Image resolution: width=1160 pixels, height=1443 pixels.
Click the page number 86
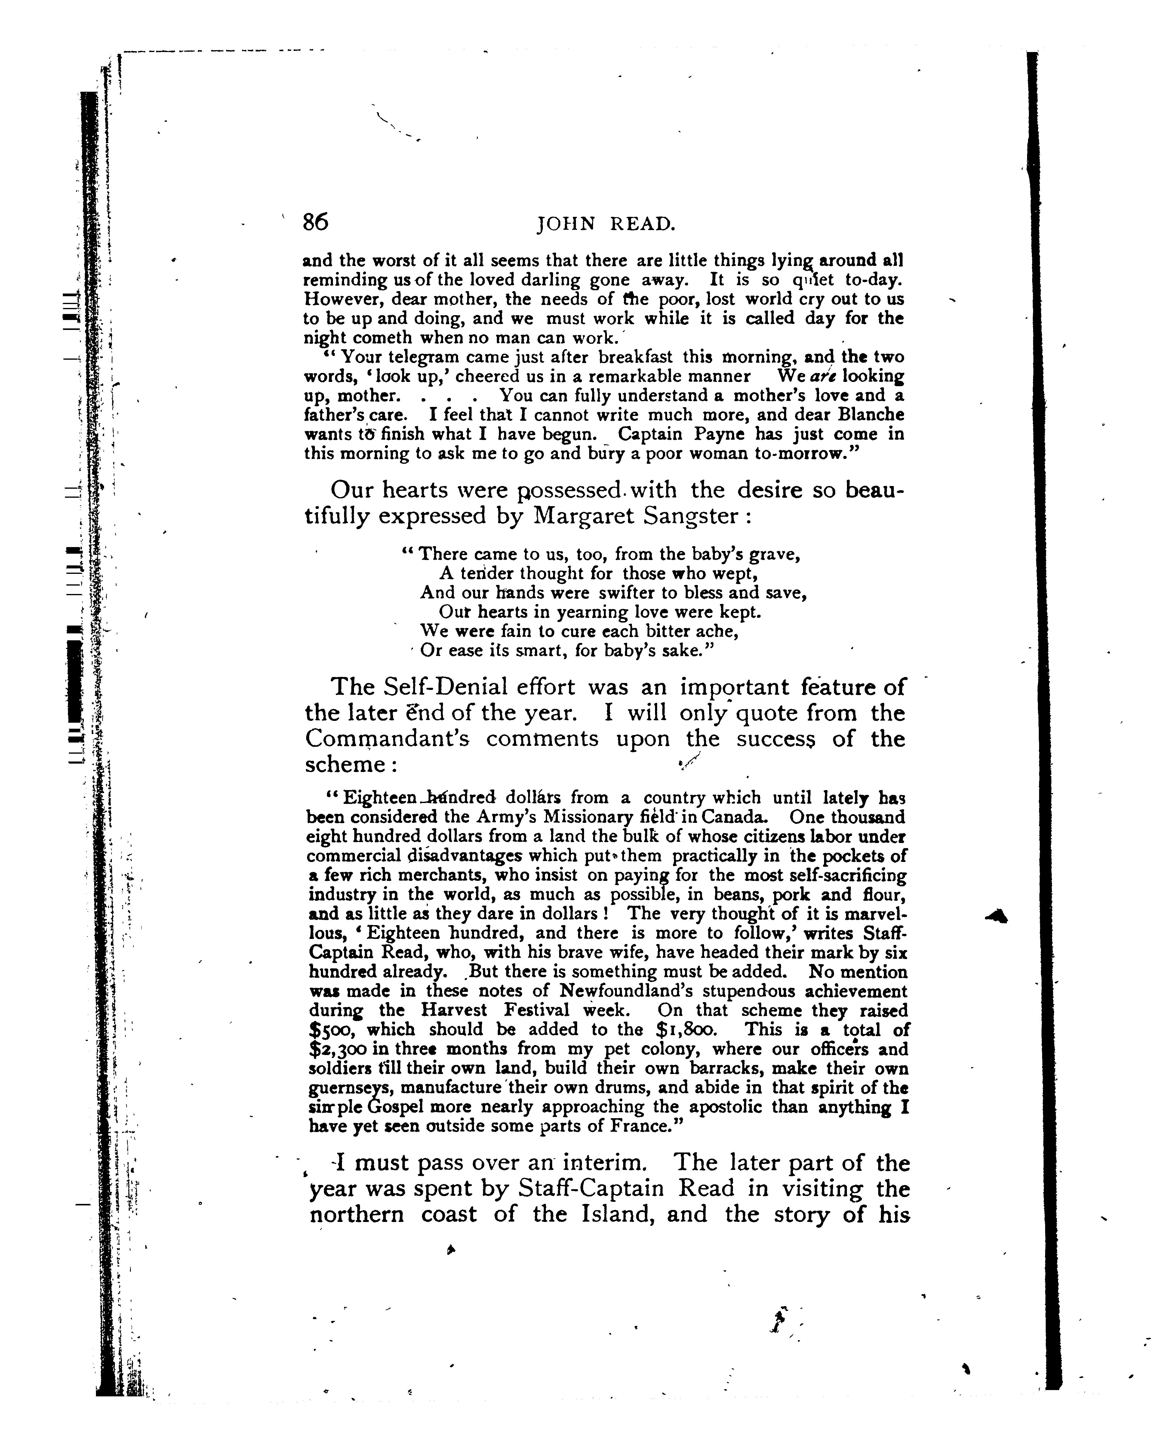[x=315, y=222]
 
